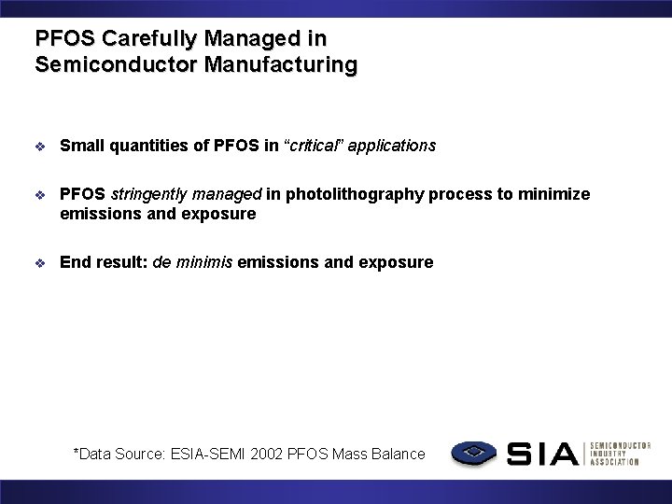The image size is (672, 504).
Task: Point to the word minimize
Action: point(557,194)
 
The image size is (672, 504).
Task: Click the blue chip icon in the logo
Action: point(473,454)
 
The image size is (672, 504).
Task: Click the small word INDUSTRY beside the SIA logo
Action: point(610,454)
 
